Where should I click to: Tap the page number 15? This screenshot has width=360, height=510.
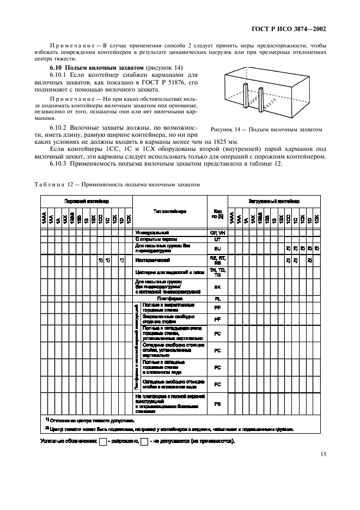tap(323, 453)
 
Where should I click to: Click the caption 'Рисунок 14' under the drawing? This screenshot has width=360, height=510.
tap(265, 130)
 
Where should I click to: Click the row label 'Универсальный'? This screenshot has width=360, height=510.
tap(152, 232)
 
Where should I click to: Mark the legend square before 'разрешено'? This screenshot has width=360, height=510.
tap(102, 441)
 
